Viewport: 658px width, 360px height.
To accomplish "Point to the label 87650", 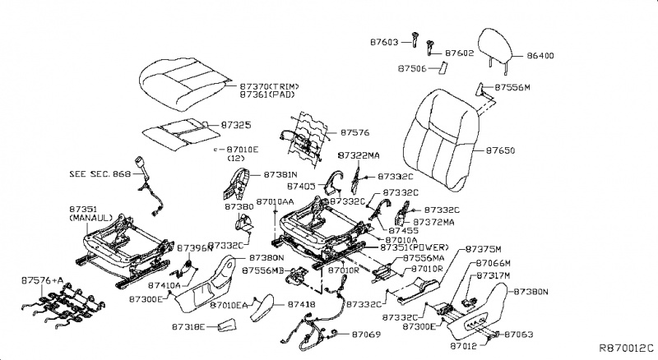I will point(500,151).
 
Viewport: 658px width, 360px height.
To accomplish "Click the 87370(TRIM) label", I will point(269,86).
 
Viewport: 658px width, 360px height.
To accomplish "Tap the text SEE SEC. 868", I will point(99,174).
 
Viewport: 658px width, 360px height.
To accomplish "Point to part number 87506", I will point(412,69).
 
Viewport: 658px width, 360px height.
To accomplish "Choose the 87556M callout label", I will point(513,87).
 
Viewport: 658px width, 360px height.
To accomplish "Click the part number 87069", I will point(366,335).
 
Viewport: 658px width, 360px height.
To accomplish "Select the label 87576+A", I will point(42,280).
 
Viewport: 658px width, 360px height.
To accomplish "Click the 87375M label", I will point(483,248).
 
